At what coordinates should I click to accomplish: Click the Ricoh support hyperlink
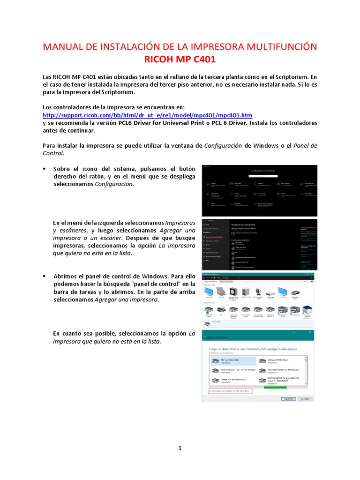pyautogui.click(x=147, y=115)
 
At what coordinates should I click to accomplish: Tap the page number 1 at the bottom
pyautogui.click(x=180, y=448)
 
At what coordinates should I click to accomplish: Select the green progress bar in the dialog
pyautogui.click(x=275, y=387)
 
